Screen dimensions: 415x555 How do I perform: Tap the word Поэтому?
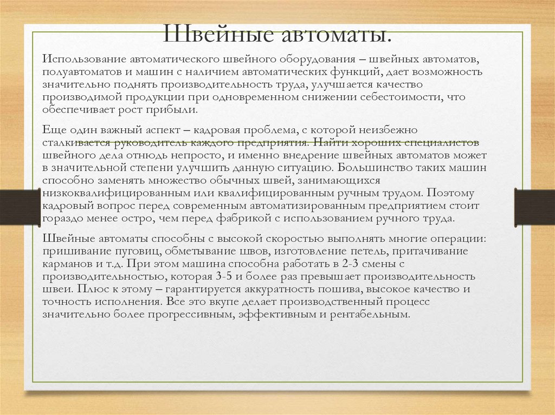[451, 193]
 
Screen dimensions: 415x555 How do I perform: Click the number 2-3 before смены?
[347, 265]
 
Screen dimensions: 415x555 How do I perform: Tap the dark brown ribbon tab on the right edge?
[533, 207]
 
